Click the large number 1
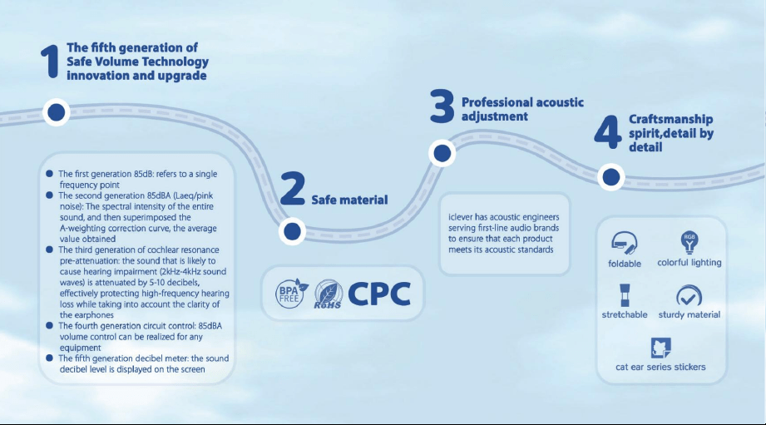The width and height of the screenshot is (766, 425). tap(50, 61)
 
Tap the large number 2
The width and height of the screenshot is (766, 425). tap(293, 188)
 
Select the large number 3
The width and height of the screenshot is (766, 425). tap(442, 106)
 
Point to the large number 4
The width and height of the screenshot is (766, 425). tap(608, 132)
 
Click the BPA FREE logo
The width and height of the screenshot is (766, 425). tap(291, 294)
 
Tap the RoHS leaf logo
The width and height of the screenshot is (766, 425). tap(328, 294)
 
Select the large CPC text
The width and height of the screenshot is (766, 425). tap(379, 294)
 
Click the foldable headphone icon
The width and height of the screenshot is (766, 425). tap(625, 243)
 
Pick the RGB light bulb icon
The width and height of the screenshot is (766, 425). tap(689, 242)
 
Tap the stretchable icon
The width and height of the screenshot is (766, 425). tap(625, 295)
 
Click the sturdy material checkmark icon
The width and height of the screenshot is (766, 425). tap(689, 296)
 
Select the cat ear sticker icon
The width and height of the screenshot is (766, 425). tap(661, 348)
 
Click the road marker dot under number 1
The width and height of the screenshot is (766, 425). tap(57, 112)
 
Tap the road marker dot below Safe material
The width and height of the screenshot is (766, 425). tap(292, 231)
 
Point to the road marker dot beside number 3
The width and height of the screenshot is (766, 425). tap(442, 153)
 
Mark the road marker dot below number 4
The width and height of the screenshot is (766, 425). tap(610, 177)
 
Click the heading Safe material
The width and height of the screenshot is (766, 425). tap(350, 200)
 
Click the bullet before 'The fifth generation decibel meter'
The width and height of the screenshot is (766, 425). tap(49, 358)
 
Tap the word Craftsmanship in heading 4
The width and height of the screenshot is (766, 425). tap(670, 120)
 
